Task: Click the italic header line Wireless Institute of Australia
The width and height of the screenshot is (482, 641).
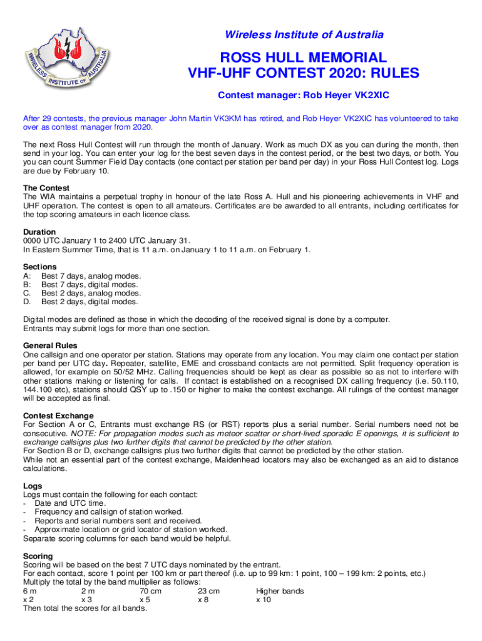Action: tap(304, 34)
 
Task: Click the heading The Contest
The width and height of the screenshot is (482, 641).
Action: tap(46, 188)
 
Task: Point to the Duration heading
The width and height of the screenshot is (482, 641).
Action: tap(39, 232)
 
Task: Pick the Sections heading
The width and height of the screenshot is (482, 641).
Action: tap(40, 267)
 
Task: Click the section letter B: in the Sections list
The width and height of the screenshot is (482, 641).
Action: tap(27, 285)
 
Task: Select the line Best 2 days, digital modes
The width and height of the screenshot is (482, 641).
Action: tap(91, 302)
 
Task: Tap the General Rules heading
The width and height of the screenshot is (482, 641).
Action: tap(50, 346)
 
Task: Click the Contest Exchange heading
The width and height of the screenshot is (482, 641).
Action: tap(58, 416)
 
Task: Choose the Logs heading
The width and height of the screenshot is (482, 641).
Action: tap(33, 486)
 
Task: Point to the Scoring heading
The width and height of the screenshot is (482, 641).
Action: tap(38, 556)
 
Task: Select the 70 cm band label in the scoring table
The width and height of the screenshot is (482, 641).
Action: tap(150, 591)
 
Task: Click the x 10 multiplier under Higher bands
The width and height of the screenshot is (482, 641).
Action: tap(264, 599)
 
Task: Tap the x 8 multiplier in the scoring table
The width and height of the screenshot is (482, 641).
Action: tap(203, 599)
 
